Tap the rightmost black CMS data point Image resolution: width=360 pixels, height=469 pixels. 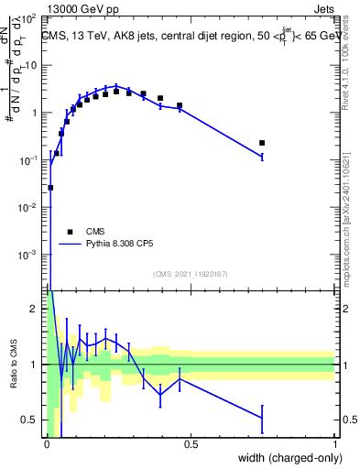tap(262, 143)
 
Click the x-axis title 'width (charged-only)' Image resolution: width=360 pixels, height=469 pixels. tap(288, 459)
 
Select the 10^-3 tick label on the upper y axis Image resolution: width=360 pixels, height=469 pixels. tap(30, 254)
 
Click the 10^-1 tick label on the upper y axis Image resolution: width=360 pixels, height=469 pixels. tap(30, 160)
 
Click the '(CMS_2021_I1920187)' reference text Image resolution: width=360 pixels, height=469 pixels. tap(191, 274)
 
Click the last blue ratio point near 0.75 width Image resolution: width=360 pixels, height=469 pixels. tap(262, 418)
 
